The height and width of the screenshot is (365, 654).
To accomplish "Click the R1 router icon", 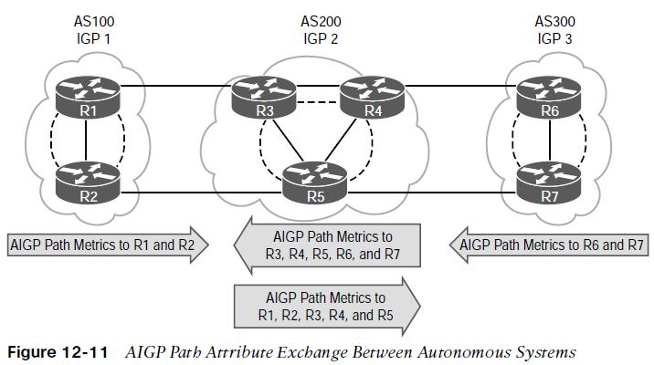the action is [88, 98].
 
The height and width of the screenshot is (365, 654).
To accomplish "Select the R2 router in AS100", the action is [88, 182].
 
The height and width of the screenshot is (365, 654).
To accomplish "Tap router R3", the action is [264, 98].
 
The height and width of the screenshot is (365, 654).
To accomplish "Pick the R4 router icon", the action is [373, 98].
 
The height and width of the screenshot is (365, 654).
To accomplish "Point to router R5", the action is [315, 182].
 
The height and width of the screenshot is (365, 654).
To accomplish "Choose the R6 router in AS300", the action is [549, 98].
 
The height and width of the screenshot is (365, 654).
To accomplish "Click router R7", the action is [549, 182].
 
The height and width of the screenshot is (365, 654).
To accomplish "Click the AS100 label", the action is [94, 21].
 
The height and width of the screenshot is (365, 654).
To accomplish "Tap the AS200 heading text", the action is [321, 21].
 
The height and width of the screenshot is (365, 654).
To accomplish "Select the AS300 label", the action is [554, 21].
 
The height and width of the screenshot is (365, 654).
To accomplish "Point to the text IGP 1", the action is [93, 38].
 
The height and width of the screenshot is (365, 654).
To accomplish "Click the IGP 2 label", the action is [321, 38].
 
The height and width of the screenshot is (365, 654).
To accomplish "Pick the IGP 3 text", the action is [554, 38].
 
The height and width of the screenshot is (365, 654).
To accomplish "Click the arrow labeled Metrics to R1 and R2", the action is [108, 245].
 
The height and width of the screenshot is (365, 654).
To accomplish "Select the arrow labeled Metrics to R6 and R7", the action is [549, 245].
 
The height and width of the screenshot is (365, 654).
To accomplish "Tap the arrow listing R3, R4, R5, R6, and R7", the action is [327, 245].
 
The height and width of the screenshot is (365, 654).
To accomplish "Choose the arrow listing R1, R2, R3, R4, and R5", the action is [327, 307].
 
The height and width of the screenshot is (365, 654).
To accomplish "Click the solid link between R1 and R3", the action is [176, 87].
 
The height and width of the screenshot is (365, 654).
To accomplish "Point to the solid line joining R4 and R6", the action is [461, 87].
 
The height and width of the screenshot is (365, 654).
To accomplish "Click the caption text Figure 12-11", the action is [58, 352].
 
